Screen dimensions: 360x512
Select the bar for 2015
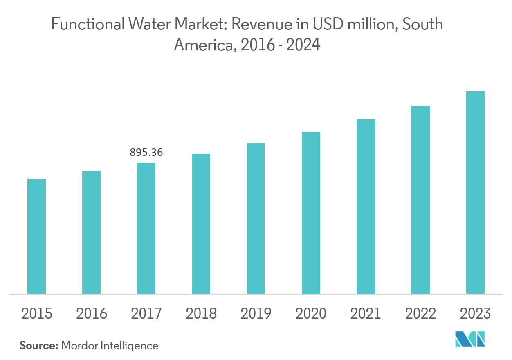click(x=36, y=236)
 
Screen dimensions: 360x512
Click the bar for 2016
click(x=91, y=232)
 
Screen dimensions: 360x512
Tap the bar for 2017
click(x=146, y=228)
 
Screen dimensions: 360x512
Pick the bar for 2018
click(x=201, y=223)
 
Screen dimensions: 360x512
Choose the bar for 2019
click(x=256, y=218)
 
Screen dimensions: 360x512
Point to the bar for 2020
click(x=311, y=212)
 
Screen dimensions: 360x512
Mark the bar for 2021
click(x=366, y=206)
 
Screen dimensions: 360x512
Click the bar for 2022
click(x=420, y=199)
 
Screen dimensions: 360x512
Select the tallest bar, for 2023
click(x=475, y=192)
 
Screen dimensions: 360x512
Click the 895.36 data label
click(x=146, y=153)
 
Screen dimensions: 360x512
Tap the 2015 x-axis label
click(x=36, y=314)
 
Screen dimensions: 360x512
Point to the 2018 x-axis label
click(x=201, y=314)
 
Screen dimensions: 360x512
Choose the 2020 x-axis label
click(x=311, y=314)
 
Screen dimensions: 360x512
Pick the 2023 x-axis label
click(x=475, y=314)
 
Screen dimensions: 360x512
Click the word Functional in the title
click(x=88, y=25)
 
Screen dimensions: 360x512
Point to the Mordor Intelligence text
click(x=110, y=346)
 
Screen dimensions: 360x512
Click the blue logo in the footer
click(x=470, y=340)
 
